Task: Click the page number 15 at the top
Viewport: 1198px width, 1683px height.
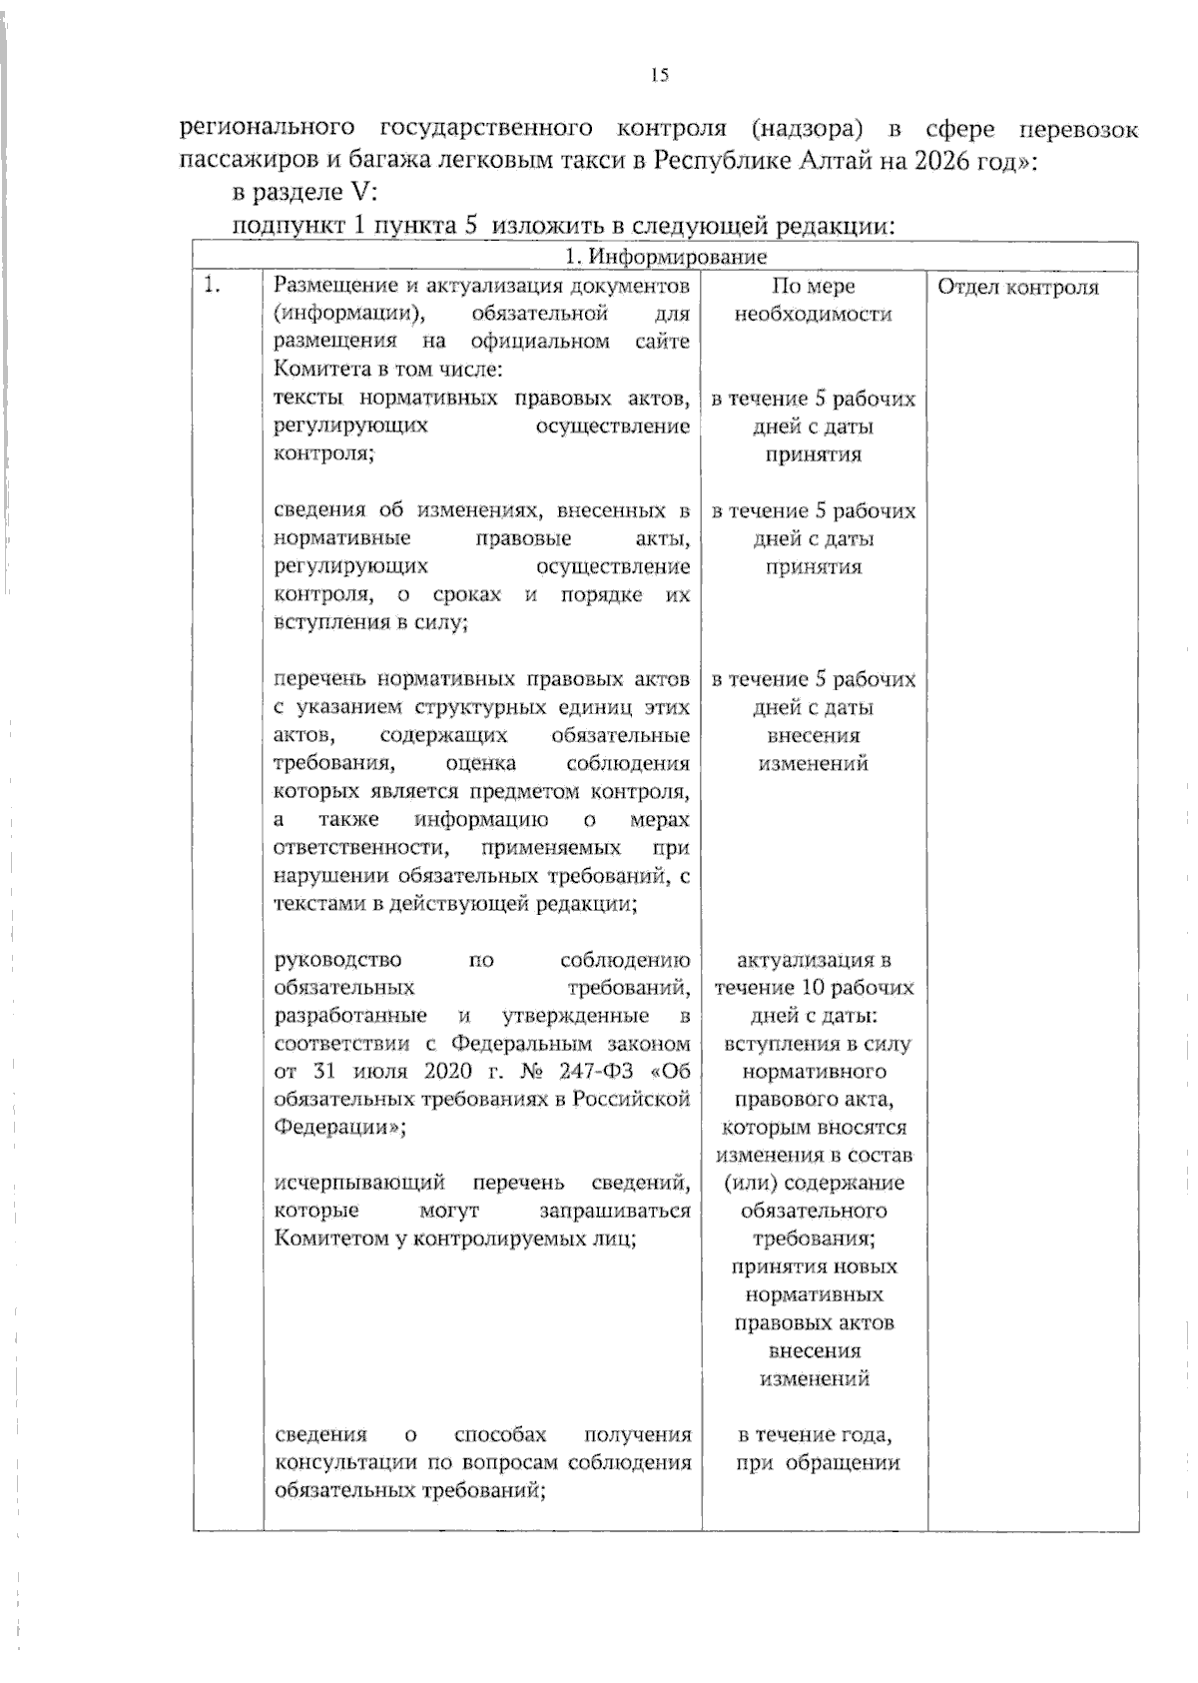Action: [x=659, y=74]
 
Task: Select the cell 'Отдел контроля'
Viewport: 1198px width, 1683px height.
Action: [x=1017, y=288]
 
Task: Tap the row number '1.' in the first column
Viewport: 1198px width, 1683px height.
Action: [x=211, y=287]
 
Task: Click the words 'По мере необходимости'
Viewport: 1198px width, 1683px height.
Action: [x=813, y=300]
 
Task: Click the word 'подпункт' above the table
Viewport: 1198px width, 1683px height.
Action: [x=287, y=226]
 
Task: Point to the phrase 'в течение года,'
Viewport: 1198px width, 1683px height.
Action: [x=814, y=1435]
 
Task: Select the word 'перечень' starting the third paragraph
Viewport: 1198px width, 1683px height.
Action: [x=315, y=680]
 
